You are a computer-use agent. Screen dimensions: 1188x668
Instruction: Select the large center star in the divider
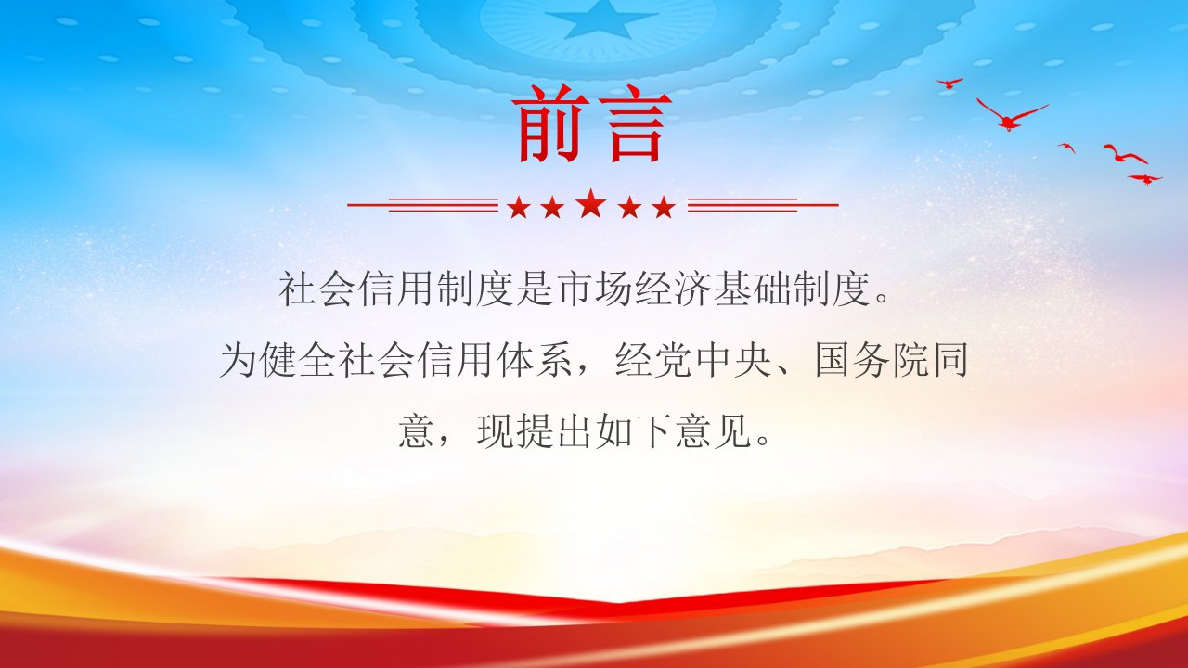click(x=591, y=203)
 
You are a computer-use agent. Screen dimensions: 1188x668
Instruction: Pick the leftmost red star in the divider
click(x=519, y=207)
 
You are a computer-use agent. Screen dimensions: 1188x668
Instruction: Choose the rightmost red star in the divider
click(x=664, y=207)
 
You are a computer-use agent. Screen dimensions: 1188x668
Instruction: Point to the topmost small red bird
click(x=949, y=83)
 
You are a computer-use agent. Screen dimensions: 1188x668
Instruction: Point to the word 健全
click(x=299, y=361)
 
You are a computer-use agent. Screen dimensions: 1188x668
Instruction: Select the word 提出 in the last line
click(x=536, y=431)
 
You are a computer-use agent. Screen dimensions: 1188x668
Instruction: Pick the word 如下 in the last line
click(x=614, y=431)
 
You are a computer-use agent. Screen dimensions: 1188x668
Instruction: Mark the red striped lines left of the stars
click(x=422, y=205)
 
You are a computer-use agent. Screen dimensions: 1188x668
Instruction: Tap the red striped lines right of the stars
click(x=763, y=205)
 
